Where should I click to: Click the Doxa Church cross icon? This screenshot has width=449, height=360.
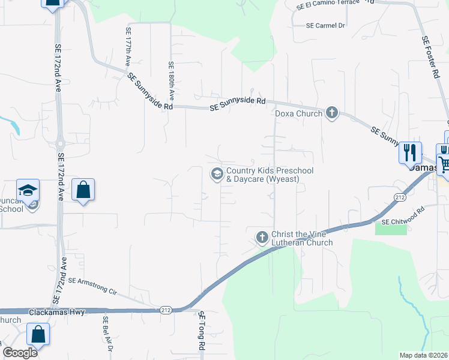[x=332, y=113]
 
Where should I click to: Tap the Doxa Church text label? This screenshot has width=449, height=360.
[x=298, y=113]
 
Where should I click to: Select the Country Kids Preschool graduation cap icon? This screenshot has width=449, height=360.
[x=216, y=174]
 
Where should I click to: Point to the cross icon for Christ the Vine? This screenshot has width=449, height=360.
[x=262, y=238]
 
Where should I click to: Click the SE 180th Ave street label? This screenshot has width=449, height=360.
[x=171, y=80]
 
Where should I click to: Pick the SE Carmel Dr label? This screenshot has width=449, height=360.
[x=326, y=26]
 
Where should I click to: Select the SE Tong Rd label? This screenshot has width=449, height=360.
[x=202, y=331]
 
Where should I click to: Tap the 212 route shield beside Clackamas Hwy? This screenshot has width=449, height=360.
[x=166, y=310]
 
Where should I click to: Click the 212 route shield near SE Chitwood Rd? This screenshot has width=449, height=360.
[x=400, y=197]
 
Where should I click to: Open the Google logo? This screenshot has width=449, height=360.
[x=20, y=352]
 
